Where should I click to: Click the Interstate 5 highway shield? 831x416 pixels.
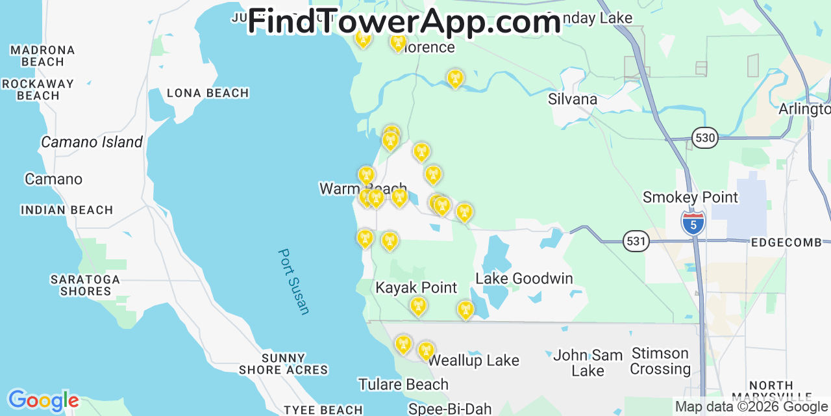tap(693, 222)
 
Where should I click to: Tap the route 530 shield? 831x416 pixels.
tap(704, 137)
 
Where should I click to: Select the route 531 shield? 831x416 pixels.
tap(636, 241)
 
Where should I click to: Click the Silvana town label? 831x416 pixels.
tap(572, 99)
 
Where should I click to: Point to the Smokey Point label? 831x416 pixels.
tap(690, 197)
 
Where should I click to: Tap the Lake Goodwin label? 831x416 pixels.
tap(524, 279)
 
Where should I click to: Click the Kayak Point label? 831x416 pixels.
tap(416, 287)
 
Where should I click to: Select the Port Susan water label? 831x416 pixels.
tap(294, 281)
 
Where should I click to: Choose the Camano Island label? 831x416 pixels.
tap(92, 142)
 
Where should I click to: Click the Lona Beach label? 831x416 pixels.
tap(208, 93)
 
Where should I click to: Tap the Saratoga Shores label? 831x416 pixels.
tap(86, 285)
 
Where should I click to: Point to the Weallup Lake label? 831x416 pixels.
tap(474, 360)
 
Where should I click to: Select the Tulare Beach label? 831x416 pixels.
tap(403, 384)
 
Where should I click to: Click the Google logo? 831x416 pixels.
tap(43, 400)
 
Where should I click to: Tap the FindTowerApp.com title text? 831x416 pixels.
tap(404, 22)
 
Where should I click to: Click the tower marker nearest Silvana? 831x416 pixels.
tap(455, 79)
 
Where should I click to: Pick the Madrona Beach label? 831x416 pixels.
tap(43, 56)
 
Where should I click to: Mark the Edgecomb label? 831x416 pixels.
tap(786, 242)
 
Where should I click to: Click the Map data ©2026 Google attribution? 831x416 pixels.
tap(752, 407)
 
